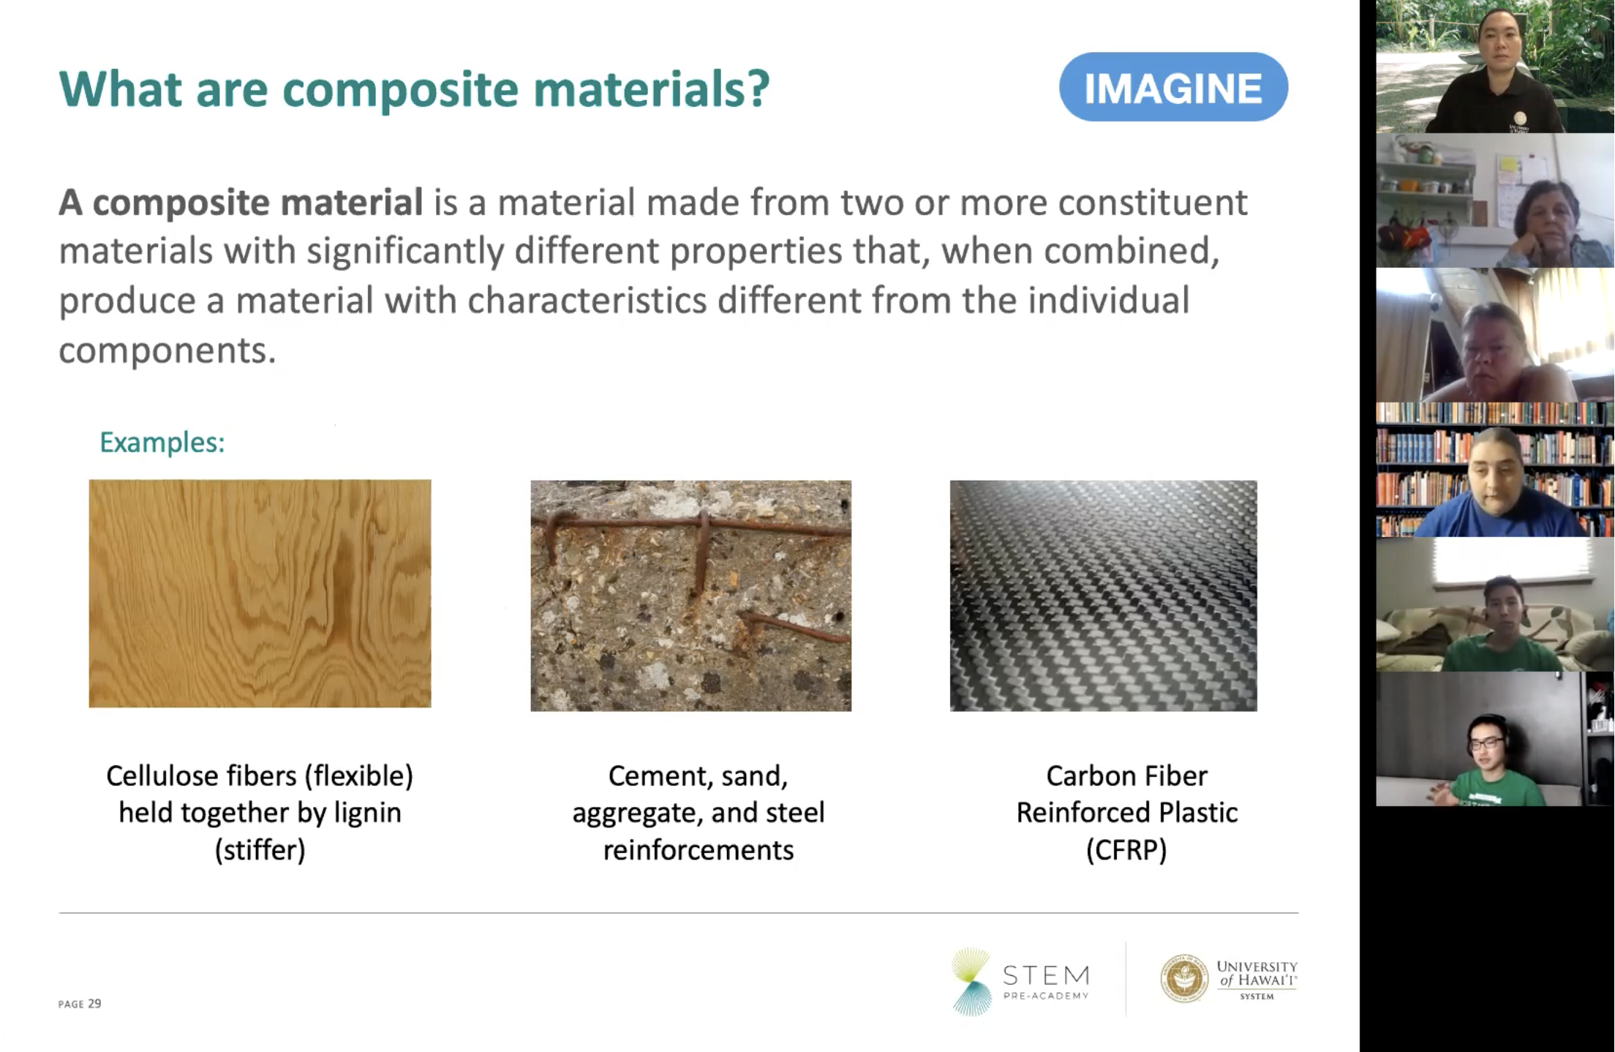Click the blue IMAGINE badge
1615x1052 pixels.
click(x=1172, y=87)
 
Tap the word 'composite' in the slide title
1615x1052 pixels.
click(x=400, y=89)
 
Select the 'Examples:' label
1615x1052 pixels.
click(x=162, y=442)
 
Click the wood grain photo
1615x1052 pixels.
click(x=260, y=593)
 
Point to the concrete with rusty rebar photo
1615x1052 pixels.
click(x=690, y=595)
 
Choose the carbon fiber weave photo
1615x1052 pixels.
click(x=1103, y=595)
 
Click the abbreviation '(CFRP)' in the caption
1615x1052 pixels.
click(x=1126, y=850)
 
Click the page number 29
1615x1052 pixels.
click(x=94, y=1004)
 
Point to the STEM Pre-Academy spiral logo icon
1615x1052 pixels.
click(x=971, y=981)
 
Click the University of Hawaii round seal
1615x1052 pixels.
click(x=1183, y=978)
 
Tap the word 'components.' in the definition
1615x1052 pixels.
click(x=167, y=350)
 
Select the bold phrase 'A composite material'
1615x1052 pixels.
click(x=241, y=203)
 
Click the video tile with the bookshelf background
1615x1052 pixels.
click(x=1494, y=470)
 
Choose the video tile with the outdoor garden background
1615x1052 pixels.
click(x=1494, y=67)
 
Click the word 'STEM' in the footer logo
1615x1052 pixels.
click(x=1046, y=975)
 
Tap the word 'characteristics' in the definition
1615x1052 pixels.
click(x=587, y=301)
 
